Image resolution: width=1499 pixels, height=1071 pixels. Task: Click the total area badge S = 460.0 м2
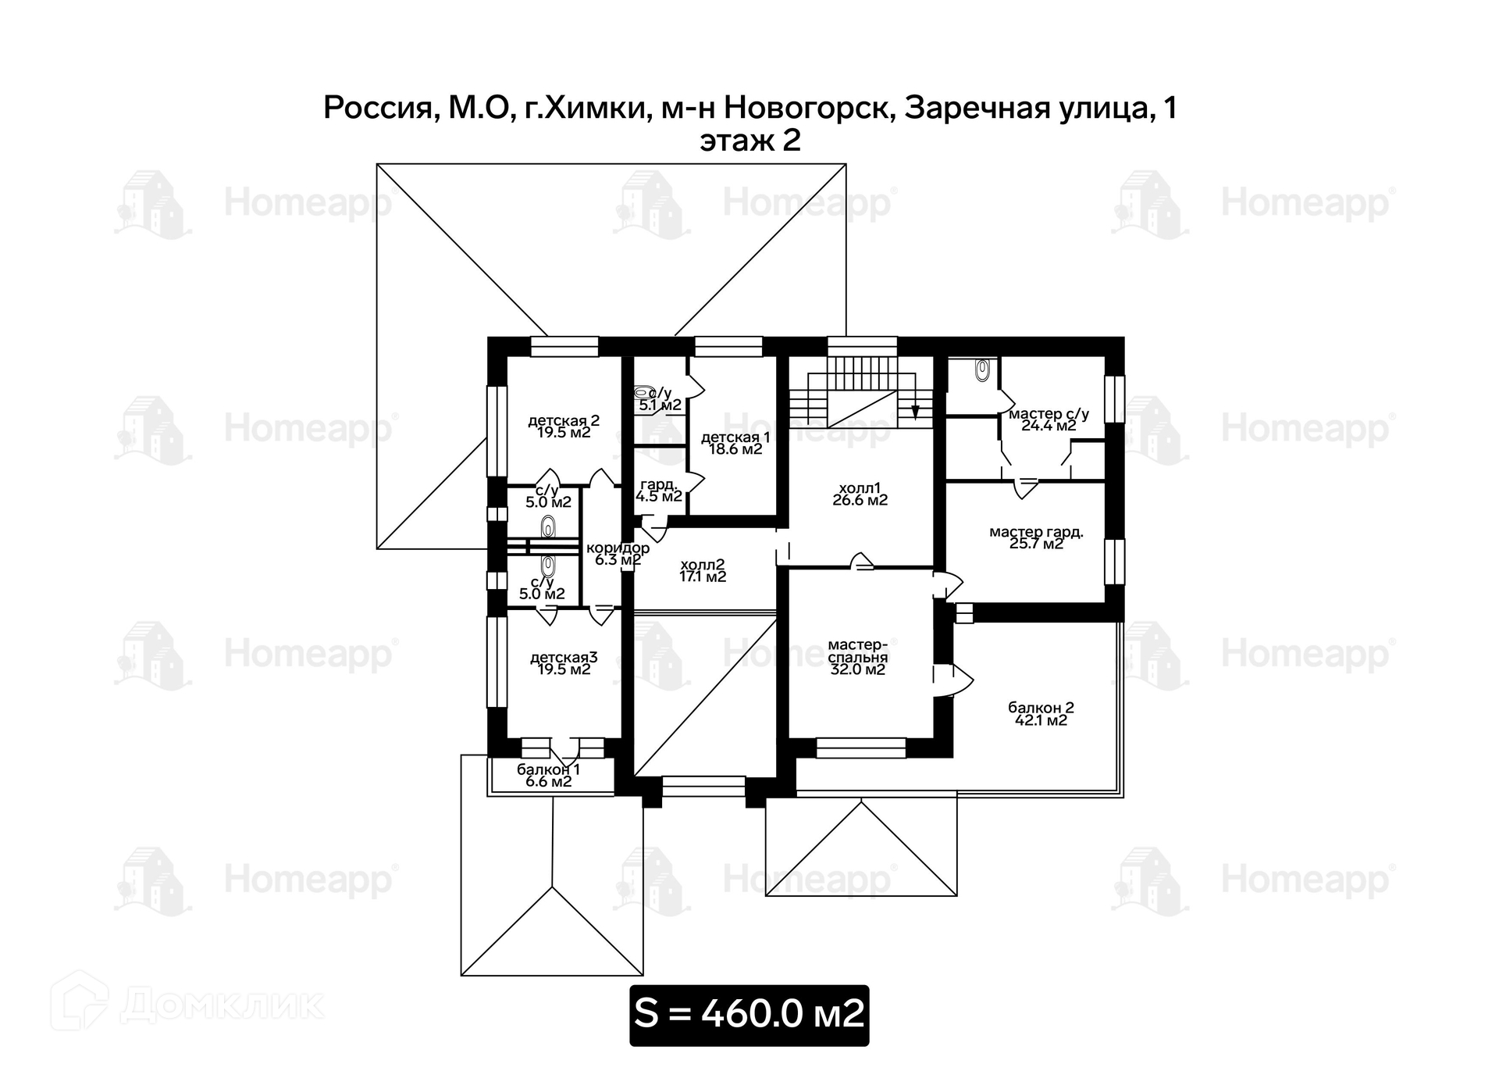point(749,1014)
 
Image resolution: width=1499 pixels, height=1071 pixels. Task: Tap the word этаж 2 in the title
point(749,141)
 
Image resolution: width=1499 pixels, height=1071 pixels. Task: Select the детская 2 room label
point(564,427)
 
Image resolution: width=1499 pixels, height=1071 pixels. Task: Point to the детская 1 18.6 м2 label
point(735,443)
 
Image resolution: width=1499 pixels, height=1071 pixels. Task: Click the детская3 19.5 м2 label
point(564,663)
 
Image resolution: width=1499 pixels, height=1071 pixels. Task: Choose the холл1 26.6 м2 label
point(860,494)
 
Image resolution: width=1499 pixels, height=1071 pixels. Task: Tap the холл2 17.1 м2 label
point(703,571)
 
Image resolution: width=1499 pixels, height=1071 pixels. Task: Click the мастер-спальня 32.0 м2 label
point(857,657)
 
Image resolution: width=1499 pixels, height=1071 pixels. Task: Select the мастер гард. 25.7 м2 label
point(1036,537)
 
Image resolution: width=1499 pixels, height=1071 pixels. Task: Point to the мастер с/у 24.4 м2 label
point(1049,419)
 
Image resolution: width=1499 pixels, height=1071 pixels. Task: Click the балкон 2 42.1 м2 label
point(1041,714)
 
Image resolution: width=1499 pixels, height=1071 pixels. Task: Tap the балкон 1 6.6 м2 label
point(548,776)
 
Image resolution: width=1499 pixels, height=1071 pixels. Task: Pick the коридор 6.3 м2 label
point(618,554)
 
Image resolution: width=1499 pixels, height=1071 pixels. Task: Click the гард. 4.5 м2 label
point(659,491)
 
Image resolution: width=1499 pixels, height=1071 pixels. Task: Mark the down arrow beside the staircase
point(916,410)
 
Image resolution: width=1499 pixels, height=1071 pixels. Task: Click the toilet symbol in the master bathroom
point(983,369)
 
